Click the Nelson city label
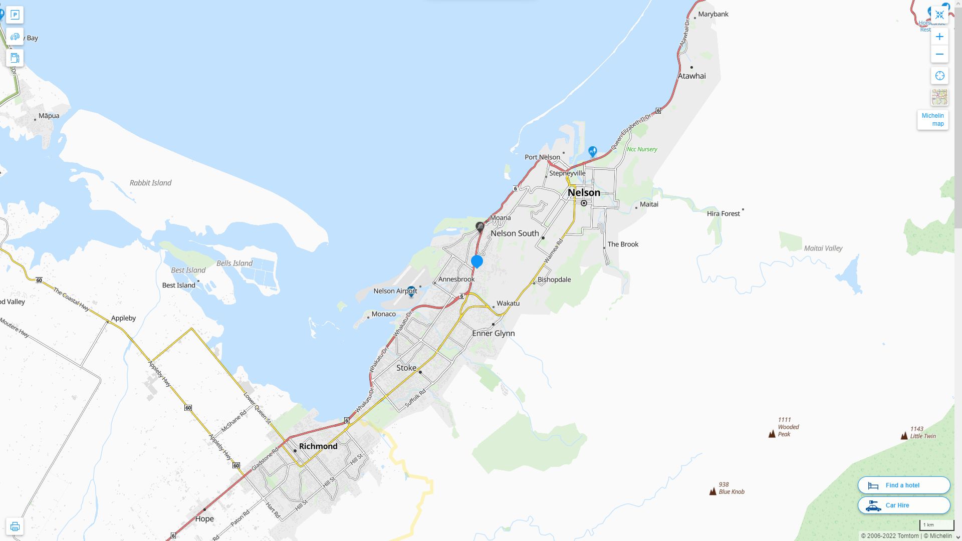click(584, 193)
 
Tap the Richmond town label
click(318, 446)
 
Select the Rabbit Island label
click(150, 183)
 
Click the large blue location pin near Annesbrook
click(477, 261)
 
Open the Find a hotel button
click(904, 485)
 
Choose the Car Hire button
click(904, 505)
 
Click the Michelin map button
click(932, 120)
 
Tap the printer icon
click(15, 526)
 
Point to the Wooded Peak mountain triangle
click(772, 434)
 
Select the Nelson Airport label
click(395, 291)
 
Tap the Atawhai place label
click(691, 76)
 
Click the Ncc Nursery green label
click(642, 149)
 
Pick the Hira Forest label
click(723, 214)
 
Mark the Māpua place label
click(49, 116)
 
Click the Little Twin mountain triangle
click(904, 436)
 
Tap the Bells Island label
click(234, 263)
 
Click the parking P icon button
click(15, 15)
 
